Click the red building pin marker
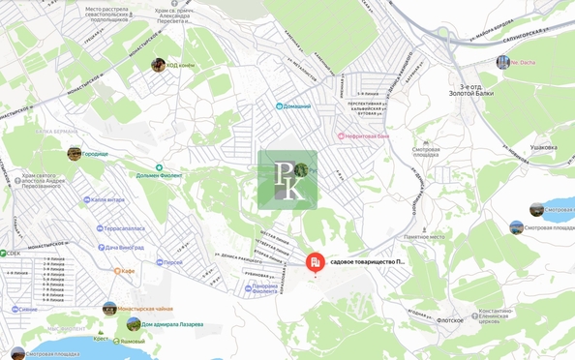315,262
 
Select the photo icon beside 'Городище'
75,153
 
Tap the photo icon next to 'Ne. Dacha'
502,62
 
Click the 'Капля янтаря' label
107,200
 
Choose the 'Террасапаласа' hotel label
125,229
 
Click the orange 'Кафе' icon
117,271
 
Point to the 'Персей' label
172,262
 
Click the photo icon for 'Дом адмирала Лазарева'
134,323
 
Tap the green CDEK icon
3,254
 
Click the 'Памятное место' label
424,236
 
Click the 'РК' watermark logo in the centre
287,180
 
